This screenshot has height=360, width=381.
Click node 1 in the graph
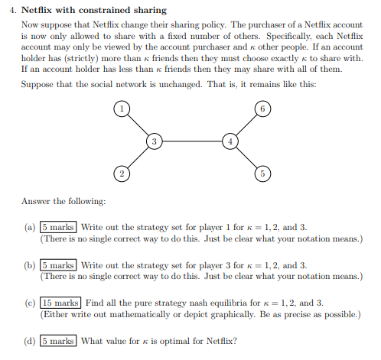121,109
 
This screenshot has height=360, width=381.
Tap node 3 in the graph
155,141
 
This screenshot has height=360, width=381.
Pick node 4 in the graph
230,141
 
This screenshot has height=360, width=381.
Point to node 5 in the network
262,174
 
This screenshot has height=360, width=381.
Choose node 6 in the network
262,109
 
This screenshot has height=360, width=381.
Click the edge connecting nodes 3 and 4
192,141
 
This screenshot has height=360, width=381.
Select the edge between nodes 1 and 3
138,125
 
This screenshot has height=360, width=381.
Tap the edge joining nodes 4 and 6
246,125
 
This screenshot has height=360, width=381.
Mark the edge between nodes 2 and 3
138,158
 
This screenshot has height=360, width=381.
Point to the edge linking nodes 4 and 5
246,158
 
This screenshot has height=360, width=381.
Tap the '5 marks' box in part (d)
58,341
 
